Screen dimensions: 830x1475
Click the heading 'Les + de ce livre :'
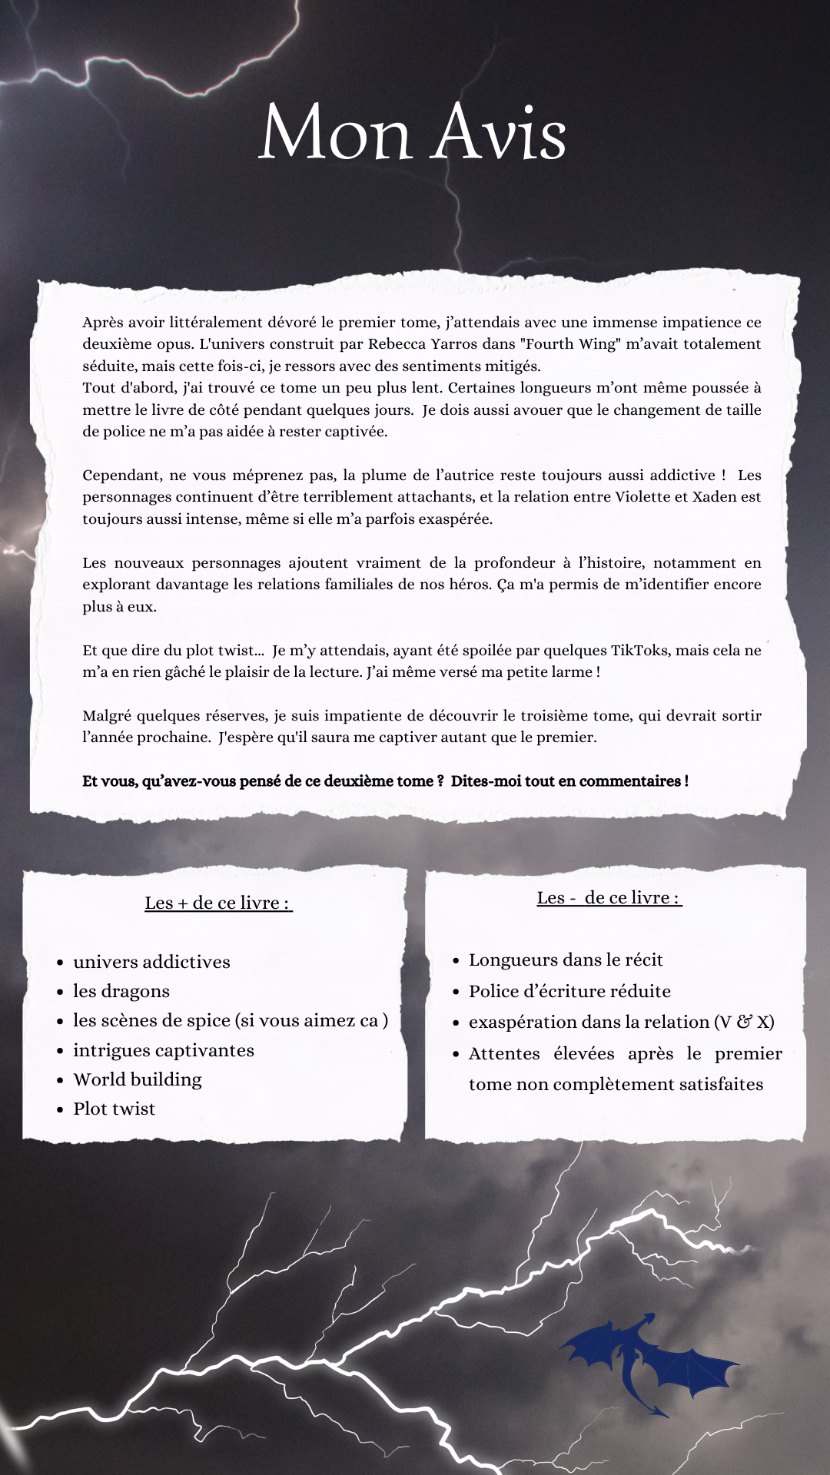[x=218, y=903]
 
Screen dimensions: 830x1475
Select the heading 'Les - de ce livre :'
[x=609, y=898]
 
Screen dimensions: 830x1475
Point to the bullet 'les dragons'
[x=121, y=992]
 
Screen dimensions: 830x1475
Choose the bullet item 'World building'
[x=138, y=1079]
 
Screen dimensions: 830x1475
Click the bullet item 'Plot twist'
[x=114, y=1109]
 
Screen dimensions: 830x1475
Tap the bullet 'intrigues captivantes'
[x=164, y=1050]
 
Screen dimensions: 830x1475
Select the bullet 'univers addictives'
[x=151, y=962]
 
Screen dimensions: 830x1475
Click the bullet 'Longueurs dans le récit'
[x=566, y=960]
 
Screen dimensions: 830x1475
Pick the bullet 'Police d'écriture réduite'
[x=569, y=992]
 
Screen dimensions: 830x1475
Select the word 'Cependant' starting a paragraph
[x=117, y=476]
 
